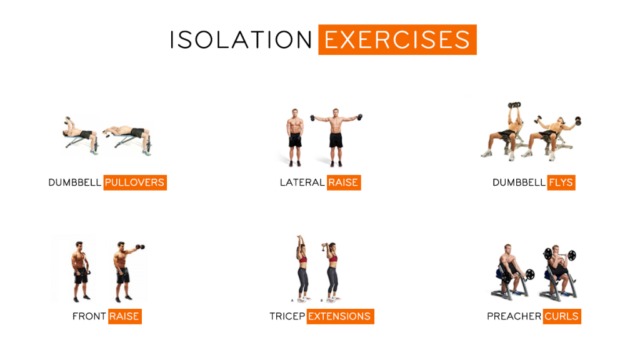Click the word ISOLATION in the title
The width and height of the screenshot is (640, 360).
click(x=241, y=40)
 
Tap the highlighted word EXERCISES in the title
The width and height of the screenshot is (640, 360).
click(x=397, y=40)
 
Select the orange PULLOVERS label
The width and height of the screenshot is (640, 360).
click(x=135, y=182)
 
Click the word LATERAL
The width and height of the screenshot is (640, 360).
click(x=302, y=182)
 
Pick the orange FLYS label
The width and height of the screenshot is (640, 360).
click(x=561, y=182)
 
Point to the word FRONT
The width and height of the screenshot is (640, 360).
click(x=89, y=316)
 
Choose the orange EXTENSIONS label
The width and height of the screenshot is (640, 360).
click(x=340, y=316)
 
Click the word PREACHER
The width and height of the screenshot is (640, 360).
click(x=514, y=316)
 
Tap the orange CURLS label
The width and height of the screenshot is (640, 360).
click(x=562, y=316)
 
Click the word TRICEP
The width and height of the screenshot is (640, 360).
click(x=287, y=316)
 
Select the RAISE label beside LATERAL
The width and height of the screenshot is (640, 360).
click(x=344, y=182)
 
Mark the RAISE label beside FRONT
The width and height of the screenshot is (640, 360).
click(x=124, y=316)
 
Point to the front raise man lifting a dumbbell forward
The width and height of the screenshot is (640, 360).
click(x=124, y=269)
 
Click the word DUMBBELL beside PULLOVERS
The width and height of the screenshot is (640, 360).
click(x=74, y=182)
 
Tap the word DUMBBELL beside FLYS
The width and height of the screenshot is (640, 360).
click(x=519, y=182)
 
